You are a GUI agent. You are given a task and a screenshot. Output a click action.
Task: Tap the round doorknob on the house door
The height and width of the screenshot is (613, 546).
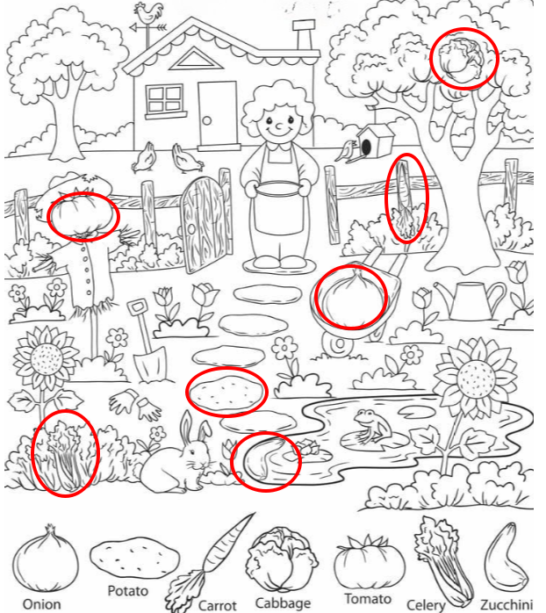pyautogui.click(x=207, y=121)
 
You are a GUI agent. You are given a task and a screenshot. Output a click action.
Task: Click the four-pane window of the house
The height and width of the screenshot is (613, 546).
pyautogui.click(x=164, y=100)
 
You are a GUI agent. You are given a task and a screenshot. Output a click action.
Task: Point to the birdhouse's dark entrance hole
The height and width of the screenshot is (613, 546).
pyautogui.click(x=366, y=147)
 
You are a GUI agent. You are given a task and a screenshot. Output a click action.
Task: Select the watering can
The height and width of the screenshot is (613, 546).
pyautogui.click(x=469, y=300)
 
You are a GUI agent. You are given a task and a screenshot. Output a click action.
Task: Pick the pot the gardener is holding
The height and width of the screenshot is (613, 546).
pyautogui.click(x=278, y=191)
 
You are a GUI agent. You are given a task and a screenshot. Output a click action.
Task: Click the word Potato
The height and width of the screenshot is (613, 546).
pyautogui.click(x=128, y=591)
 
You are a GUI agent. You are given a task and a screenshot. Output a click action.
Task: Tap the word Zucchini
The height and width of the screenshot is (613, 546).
pyautogui.click(x=506, y=603)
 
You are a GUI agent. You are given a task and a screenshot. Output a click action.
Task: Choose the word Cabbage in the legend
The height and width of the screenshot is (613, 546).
pyautogui.click(x=283, y=602)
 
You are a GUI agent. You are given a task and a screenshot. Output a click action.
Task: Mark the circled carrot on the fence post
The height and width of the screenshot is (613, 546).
pyautogui.click(x=406, y=199)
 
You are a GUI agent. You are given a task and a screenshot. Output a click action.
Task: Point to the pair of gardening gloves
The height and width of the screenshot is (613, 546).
pyautogui.click(x=135, y=404)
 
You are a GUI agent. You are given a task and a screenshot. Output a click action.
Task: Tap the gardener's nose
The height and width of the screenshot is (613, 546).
pyautogui.click(x=279, y=126)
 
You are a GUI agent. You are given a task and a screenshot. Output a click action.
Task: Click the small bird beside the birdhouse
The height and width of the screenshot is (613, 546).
pyautogui.click(x=346, y=152)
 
